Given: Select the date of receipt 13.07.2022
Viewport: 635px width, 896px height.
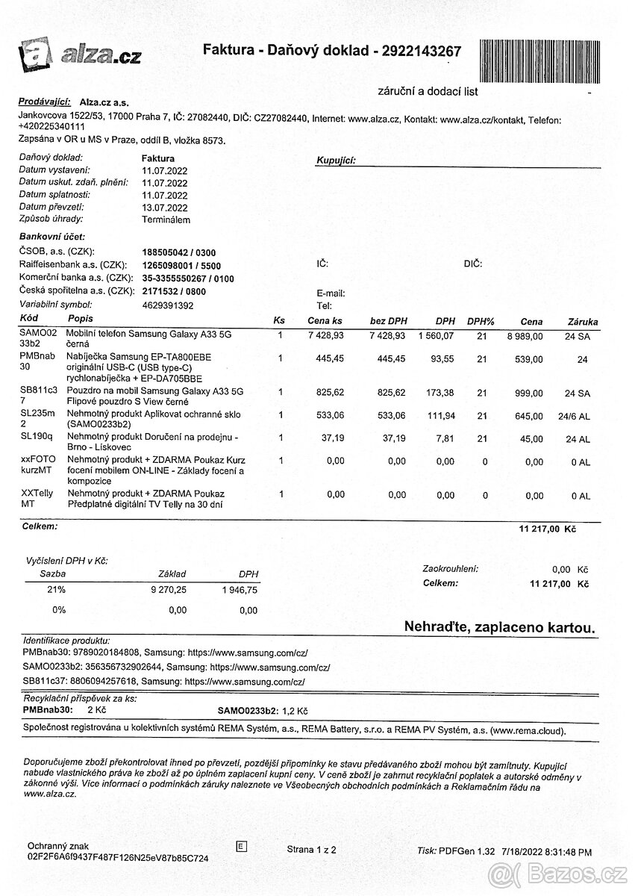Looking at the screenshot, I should click(x=164, y=208).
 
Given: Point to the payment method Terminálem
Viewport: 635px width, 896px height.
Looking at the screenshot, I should click(x=166, y=220).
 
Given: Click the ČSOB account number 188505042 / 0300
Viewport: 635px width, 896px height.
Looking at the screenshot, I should click(x=178, y=252).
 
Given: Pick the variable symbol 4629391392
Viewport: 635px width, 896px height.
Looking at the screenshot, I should click(x=167, y=305).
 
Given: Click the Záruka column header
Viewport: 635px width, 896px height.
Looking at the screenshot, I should click(x=582, y=321).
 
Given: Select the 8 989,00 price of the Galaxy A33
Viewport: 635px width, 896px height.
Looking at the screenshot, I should click(x=523, y=337).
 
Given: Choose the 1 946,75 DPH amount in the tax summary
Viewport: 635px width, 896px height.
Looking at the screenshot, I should click(x=240, y=590).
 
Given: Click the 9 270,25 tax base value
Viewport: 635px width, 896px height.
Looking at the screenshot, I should click(x=168, y=590).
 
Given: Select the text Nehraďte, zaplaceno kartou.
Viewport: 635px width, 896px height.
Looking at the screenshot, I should click(x=499, y=627).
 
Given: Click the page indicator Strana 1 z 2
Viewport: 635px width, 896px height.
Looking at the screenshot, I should click(x=311, y=850).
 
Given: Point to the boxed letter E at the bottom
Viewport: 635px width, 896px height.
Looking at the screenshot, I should click(x=240, y=846).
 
